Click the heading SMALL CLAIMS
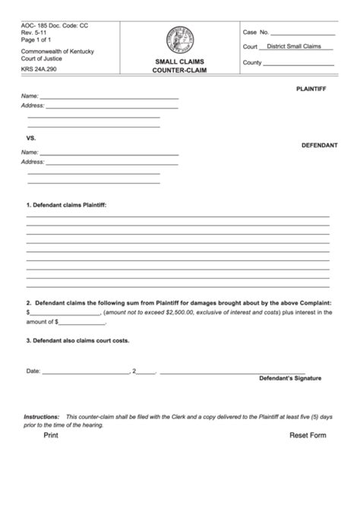click(x=179, y=60)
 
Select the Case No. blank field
click(x=302, y=33)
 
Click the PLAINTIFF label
click(x=311, y=90)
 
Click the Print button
click(x=51, y=436)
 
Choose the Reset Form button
click(x=307, y=436)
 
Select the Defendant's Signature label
click(x=290, y=377)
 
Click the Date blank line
click(x=85, y=371)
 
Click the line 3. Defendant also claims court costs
click(x=77, y=340)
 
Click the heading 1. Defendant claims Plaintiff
click(x=67, y=206)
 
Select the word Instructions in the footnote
click(x=42, y=417)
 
